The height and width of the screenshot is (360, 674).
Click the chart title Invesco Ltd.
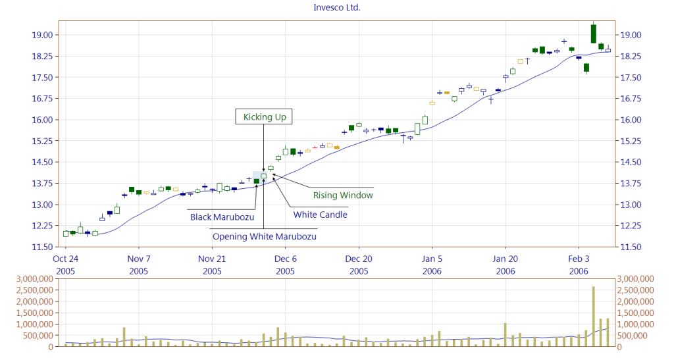pyautogui.click(x=336, y=8)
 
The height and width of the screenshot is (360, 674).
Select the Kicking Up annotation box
pyautogui.click(x=264, y=117)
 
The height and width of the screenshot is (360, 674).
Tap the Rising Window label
pyautogui.click(x=343, y=195)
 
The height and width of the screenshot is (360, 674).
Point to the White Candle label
pyautogui.click(x=320, y=215)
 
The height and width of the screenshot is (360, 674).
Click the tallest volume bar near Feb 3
pyautogui.click(x=593, y=316)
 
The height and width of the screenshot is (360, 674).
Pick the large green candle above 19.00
pyautogui.click(x=593, y=34)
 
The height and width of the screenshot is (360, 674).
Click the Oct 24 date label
pyautogui.click(x=66, y=259)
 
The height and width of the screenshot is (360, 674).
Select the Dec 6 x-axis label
pyautogui.click(x=285, y=259)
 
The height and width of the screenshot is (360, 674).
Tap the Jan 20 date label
pyautogui.click(x=505, y=259)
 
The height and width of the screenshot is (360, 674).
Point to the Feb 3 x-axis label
pyautogui.click(x=579, y=259)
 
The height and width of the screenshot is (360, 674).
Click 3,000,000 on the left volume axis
pyautogui.click(x=28, y=280)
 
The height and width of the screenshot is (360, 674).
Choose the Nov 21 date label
pyautogui.click(x=212, y=259)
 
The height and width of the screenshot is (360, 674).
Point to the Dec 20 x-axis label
pyautogui.click(x=359, y=259)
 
